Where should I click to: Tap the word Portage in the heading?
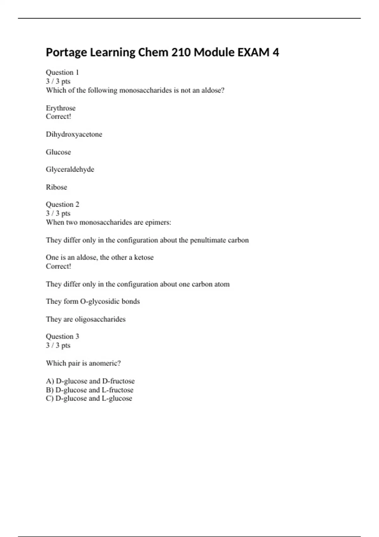click(x=66, y=52)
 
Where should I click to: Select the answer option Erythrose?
click(x=61, y=108)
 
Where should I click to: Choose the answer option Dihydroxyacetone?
click(x=74, y=134)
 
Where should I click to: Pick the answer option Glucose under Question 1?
click(x=58, y=152)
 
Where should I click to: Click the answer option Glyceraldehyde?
click(x=70, y=169)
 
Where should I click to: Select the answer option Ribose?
click(x=57, y=187)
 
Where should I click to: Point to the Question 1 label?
click(x=62, y=72)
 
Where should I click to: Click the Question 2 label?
click(x=63, y=204)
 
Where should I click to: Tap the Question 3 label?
click(x=63, y=336)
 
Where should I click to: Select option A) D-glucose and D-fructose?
click(x=90, y=381)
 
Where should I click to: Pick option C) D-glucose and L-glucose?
click(x=89, y=398)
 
